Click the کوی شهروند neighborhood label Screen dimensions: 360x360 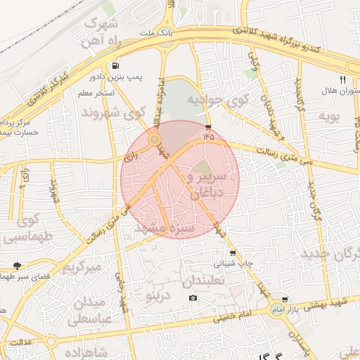coord(113,112)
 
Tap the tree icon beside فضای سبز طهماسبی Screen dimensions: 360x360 coord(16,266)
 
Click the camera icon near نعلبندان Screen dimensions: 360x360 coord(193,298)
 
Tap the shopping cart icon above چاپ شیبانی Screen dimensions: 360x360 coord(232,252)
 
